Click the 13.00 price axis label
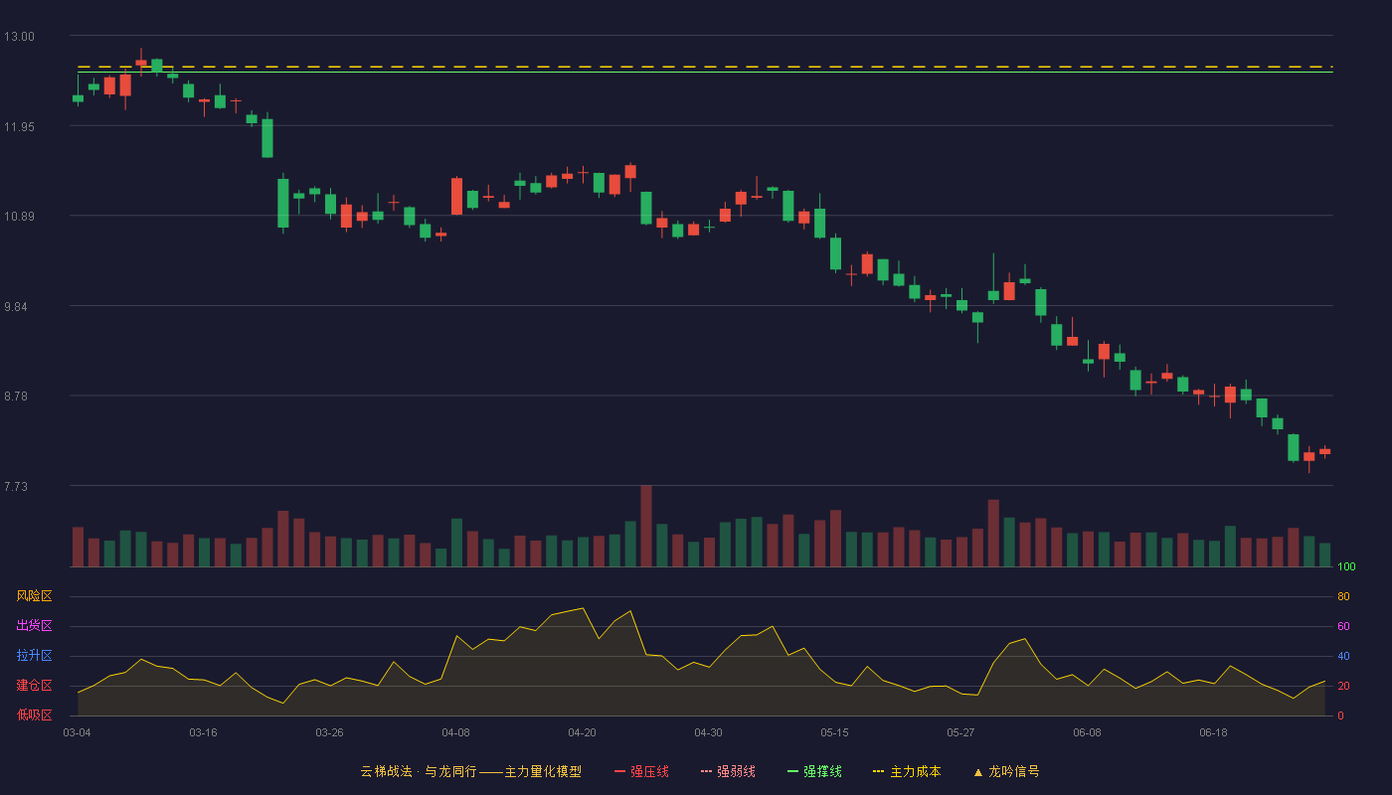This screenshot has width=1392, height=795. click(x=19, y=37)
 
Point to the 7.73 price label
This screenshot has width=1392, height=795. click(x=16, y=486)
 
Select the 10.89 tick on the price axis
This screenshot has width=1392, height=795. click(x=19, y=217)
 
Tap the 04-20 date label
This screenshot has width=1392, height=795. click(x=582, y=733)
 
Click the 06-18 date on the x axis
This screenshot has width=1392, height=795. click(x=1213, y=733)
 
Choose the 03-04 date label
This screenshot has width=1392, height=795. click(x=78, y=733)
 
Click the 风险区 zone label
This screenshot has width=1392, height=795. click(x=34, y=596)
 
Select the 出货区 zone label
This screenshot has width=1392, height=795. click(x=34, y=625)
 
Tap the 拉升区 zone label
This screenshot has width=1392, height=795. click(x=34, y=655)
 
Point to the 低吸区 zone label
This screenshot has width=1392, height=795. click(x=34, y=715)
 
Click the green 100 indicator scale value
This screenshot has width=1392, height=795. click(x=1346, y=566)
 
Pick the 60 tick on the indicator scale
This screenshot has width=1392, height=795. click(x=1343, y=626)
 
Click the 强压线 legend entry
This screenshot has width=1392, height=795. click(x=641, y=771)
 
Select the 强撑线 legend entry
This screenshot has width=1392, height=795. click(x=814, y=771)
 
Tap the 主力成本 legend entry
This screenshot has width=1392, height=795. click(x=907, y=771)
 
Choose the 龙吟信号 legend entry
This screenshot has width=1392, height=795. click(x=1006, y=771)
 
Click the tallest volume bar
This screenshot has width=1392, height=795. click(x=646, y=526)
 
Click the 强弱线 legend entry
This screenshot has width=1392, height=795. click(x=728, y=771)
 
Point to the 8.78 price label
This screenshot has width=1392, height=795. click(x=16, y=397)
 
